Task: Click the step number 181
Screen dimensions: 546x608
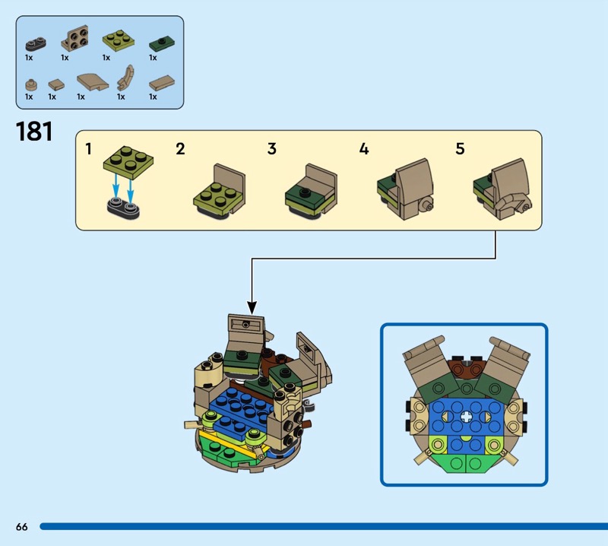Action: tap(34, 131)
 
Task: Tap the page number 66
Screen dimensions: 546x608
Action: tap(21, 527)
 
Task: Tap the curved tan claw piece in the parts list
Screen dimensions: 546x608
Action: tap(125, 79)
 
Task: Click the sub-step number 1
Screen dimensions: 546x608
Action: tap(89, 149)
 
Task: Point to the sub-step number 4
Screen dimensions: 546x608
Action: tap(364, 149)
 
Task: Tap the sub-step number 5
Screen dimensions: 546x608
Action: tap(460, 149)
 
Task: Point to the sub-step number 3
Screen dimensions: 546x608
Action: tap(272, 149)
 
